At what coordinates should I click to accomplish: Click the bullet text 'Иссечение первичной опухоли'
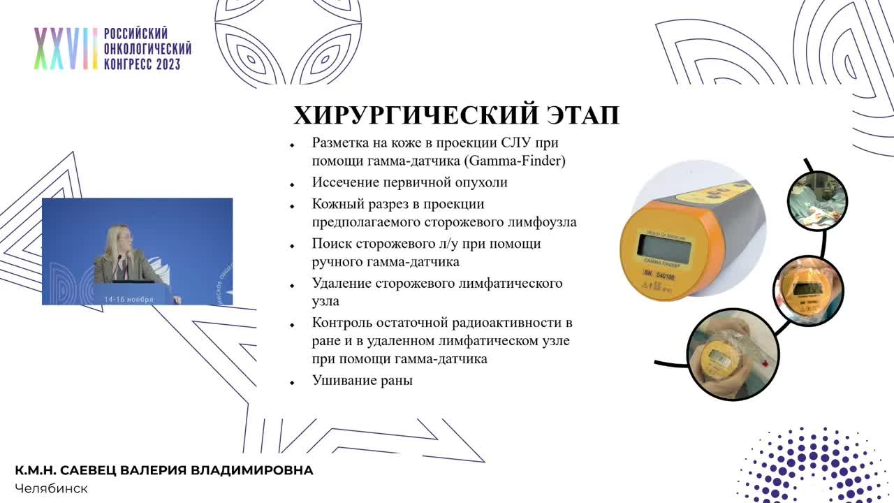[x=409, y=182]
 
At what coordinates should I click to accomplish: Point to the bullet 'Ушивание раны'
[x=362, y=381]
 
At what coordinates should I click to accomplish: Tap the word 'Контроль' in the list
[x=342, y=323]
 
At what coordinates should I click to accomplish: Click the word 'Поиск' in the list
[x=330, y=244]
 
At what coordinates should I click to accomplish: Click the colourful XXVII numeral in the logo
[x=66, y=49]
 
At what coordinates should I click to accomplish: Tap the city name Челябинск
[x=51, y=488]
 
